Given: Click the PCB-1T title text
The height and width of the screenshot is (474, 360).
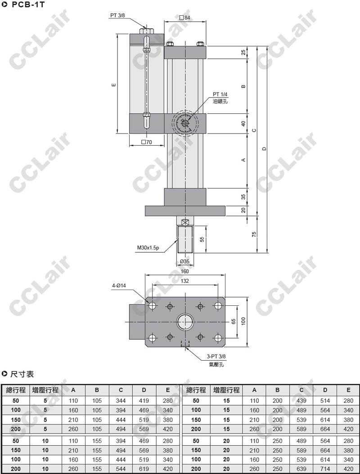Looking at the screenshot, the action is (x=28, y=4).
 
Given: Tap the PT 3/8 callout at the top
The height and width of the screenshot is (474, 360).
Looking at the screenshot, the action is (x=117, y=15).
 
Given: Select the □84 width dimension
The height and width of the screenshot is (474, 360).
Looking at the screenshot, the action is (x=184, y=18).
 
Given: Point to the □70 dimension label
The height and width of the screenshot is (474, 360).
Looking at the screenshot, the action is (x=146, y=142).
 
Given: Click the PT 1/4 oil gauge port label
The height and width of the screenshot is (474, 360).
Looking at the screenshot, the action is (x=220, y=94).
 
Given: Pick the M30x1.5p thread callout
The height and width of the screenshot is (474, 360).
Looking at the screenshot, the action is (x=148, y=248).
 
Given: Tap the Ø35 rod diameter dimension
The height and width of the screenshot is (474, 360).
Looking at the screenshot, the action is (x=184, y=261).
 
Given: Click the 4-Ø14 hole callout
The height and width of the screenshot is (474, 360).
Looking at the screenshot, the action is (x=119, y=286).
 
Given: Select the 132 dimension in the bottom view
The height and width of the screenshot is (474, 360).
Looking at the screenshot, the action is (x=184, y=281).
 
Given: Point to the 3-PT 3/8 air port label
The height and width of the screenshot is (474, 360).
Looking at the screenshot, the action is (x=216, y=357).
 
